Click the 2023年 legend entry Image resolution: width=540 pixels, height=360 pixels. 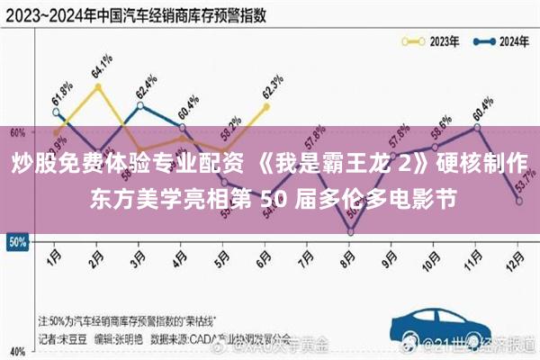pos(431,41)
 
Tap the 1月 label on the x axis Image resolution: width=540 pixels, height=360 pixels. pos(54,256)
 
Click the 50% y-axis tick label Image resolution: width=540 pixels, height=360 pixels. pos(16,242)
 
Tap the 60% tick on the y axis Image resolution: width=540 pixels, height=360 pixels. pos(16,132)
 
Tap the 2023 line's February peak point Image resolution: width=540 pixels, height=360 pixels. pos(96,86)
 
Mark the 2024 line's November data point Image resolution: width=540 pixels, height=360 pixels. pos(477,128)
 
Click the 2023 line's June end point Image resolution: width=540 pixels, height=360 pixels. pos(265,106)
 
